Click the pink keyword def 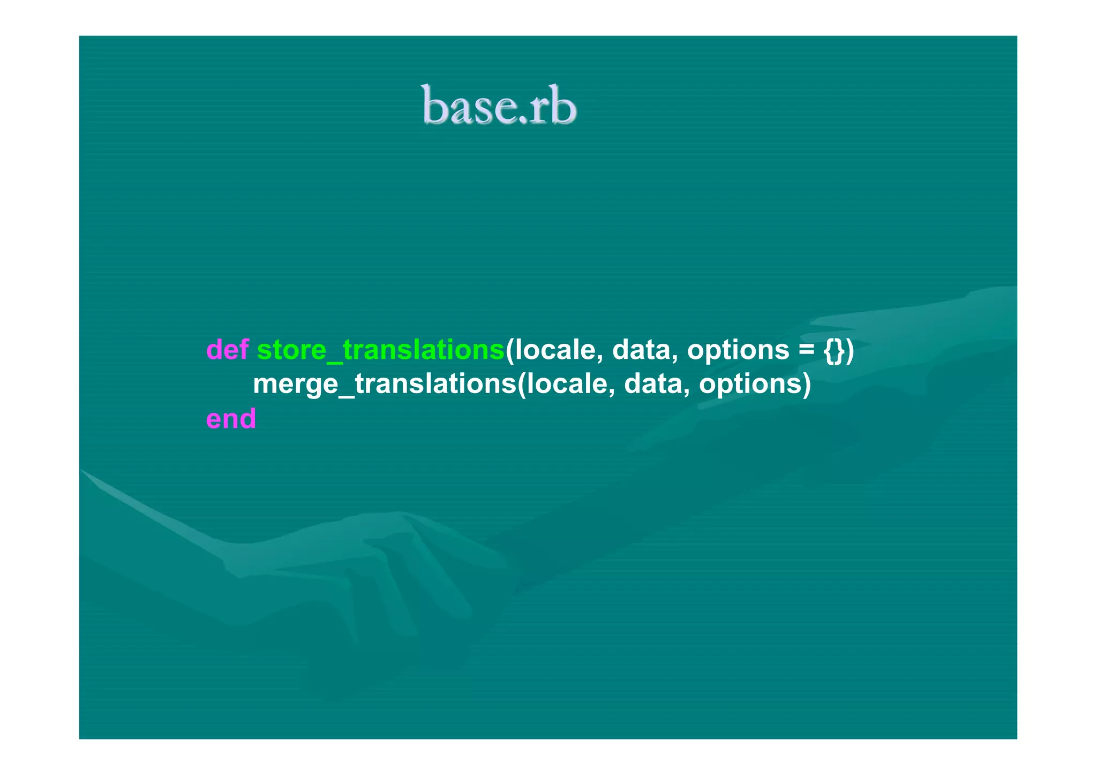(227, 350)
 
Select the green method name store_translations (380, 350)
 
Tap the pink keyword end (231, 419)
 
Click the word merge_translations (384, 384)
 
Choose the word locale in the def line (556, 350)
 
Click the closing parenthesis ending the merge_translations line (807, 385)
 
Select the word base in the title (463, 107)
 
